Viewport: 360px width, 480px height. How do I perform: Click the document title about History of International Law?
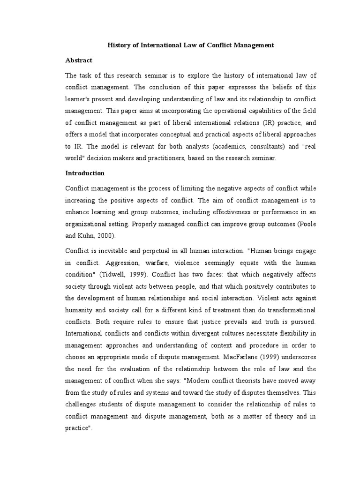(191, 46)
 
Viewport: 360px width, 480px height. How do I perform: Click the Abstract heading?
(78, 60)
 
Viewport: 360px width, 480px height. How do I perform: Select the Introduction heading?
(85, 173)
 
